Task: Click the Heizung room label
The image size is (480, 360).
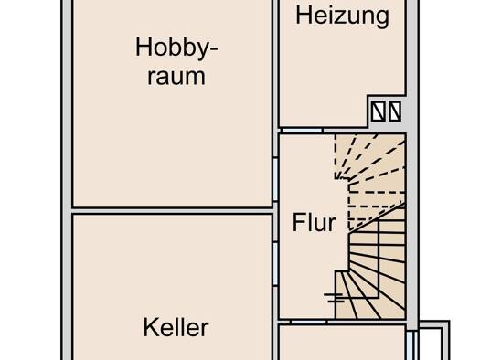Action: point(343,16)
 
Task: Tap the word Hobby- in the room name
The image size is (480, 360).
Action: point(176,48)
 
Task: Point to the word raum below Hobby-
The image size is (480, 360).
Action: point(176,76)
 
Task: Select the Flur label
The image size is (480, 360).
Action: point(315,222)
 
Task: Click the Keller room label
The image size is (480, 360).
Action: point(176,327)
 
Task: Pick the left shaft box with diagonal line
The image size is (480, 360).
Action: point(379,111)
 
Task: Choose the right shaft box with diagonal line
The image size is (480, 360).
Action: point(395,111)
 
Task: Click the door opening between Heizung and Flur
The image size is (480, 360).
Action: point(302,131)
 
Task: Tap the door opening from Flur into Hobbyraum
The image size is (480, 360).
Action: point(275,179)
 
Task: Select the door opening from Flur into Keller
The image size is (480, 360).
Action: point(275,264)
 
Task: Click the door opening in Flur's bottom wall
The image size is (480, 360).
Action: point(309,322)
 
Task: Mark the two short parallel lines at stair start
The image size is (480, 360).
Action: point(335,298)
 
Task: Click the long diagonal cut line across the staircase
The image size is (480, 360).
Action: point(377,217)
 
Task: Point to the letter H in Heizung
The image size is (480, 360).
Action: point(304,16)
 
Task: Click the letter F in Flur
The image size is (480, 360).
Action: point(299,222)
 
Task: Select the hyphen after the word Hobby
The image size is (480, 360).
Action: point(213,49)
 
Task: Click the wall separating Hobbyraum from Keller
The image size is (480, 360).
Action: point(173,211)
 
